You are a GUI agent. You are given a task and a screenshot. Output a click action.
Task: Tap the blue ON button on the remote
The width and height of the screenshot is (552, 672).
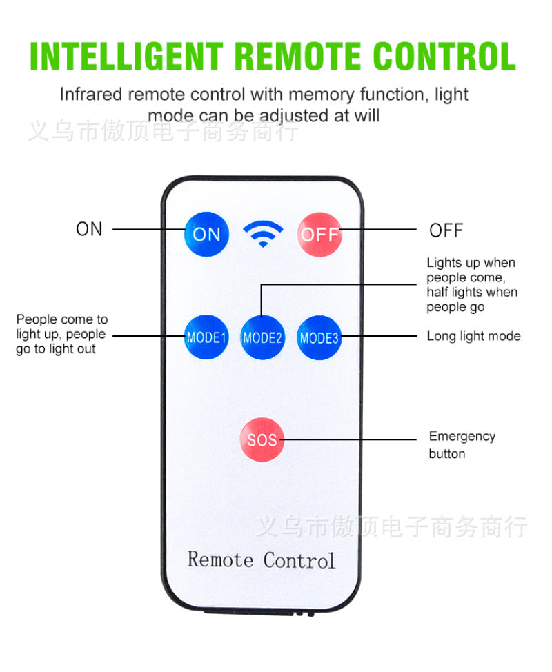(206, 233)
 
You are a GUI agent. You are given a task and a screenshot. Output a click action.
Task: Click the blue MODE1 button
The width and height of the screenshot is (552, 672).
(206, 337)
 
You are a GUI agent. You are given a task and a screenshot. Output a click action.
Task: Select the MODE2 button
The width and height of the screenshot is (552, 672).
(262, 337)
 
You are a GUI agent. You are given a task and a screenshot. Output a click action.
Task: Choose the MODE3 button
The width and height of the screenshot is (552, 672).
(319, 337)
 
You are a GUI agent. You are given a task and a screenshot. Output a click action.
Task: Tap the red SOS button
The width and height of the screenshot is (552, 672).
(262, 439)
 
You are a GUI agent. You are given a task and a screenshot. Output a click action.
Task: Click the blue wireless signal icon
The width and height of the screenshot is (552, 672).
(263, 235)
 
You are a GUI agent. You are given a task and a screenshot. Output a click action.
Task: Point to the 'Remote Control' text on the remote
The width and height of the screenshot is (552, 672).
(261, 560)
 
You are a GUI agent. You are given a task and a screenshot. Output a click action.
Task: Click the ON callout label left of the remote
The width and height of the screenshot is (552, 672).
(89, 229)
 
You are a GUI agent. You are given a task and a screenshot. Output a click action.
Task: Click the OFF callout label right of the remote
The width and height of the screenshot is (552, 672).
(446, 230)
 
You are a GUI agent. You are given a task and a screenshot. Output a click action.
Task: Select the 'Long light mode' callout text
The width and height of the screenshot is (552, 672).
(473, 337)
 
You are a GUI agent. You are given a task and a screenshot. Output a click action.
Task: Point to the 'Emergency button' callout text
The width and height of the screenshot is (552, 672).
(462, 445)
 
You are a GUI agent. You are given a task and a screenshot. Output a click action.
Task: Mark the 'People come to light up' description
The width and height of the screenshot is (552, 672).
(61, 334)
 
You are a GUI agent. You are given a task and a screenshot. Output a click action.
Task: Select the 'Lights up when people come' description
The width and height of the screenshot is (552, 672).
(472, 285)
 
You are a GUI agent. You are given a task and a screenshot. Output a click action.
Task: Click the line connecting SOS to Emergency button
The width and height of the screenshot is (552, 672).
(352, 439)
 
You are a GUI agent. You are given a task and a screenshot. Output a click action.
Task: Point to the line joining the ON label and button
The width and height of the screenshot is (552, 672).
(148, 229)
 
